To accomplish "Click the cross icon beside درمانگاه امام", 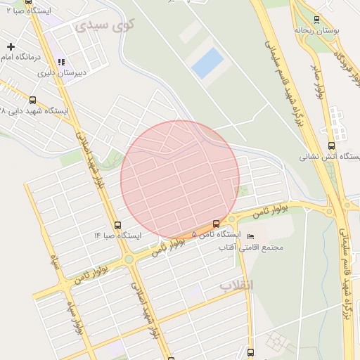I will (10, 46).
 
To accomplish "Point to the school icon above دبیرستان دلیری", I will (61, 62).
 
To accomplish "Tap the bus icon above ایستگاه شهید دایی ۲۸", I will (32, 101).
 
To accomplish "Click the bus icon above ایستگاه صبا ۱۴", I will (117, 225).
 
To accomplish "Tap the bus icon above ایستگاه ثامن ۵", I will (216, 223).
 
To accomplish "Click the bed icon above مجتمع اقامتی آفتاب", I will (252, 235).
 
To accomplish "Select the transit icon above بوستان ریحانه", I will (316, 20).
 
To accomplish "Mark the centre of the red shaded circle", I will (180, 180).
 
